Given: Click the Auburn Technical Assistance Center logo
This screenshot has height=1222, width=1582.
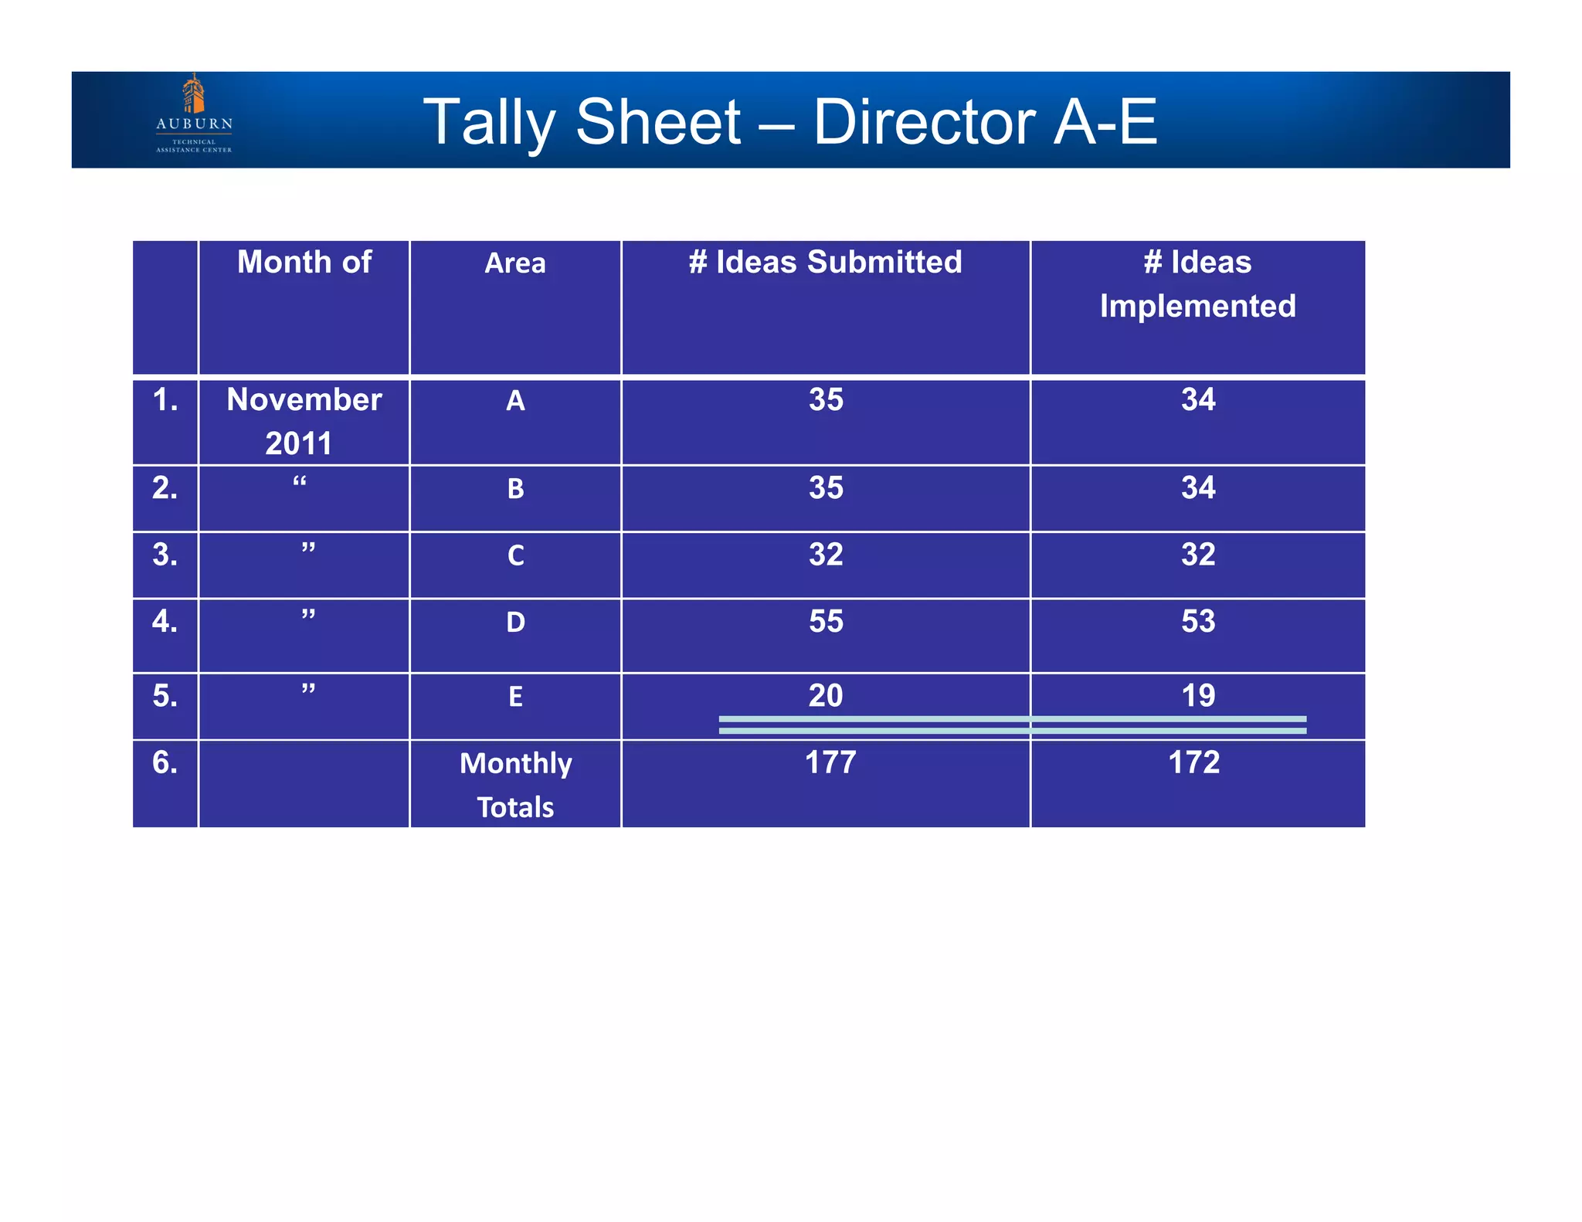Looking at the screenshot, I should [194, 114].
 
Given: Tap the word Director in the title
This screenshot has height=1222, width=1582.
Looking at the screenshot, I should [924, 122].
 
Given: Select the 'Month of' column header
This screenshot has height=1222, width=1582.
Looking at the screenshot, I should [304, 263].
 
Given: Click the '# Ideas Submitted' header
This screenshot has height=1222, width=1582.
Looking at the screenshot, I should [825, 263].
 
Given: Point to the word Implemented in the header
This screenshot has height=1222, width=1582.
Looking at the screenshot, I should [1197, 307].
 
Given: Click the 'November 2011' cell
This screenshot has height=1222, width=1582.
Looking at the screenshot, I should [304, 421].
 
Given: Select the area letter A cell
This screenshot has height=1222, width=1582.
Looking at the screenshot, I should [515, 401].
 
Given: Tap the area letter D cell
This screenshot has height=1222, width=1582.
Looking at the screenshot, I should [515, 623].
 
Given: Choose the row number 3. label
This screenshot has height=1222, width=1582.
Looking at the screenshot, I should [165, 555].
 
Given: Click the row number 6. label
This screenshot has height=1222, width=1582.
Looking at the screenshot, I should [165, 763].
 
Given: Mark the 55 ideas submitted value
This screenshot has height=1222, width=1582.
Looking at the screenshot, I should [826, 622].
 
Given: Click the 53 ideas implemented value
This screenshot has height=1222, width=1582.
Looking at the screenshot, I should [1198, 622].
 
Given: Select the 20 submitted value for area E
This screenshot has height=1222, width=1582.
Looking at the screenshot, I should [826, 696].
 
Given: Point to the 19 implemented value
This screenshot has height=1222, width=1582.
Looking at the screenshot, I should [1198, 696].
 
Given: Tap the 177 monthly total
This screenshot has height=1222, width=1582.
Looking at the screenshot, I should [830, 763].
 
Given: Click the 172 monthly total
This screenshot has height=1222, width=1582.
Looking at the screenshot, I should [1193, 763].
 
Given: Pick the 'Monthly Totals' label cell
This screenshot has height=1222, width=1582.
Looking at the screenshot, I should [515, 785].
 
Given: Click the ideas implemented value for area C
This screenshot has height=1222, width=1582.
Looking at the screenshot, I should [1198, 555].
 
